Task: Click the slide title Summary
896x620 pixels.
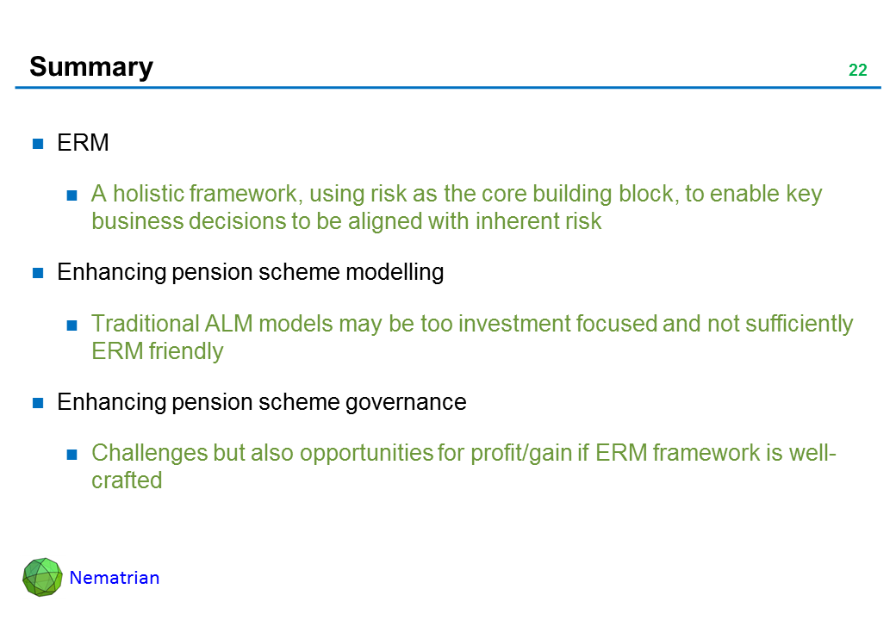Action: tap(91, 68)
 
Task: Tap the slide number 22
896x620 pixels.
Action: tap(858, 71)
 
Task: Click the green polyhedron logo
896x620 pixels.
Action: tap(42, 577)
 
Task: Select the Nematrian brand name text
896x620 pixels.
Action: tap(115, 578)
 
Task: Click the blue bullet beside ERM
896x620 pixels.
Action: tap(38, 143)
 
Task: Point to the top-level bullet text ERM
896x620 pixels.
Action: tap(83, 143)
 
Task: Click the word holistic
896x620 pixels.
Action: tap(147, 194)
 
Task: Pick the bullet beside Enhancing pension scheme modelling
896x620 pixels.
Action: tap(38, 273)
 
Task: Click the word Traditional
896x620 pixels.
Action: tap(145, 323)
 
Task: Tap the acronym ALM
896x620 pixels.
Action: tap(228, 323)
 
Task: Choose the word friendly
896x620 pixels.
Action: tap(186, 351)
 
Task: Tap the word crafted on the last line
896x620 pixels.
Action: tap(127, 480)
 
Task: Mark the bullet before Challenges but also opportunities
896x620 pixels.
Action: tap(72, 455)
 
